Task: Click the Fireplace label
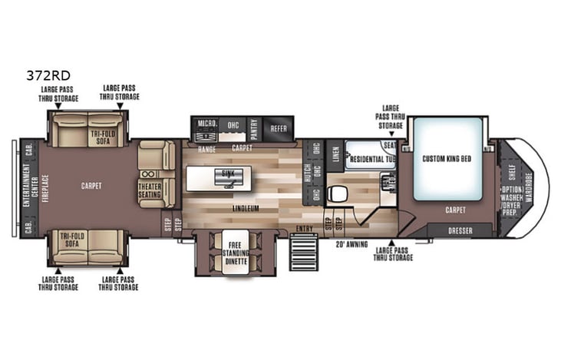[x=45, y=186]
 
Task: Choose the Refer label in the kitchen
[x=279, y=128]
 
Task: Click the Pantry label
[x=253, y=128]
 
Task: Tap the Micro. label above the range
[x=206, y=123]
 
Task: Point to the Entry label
[x=305, y=227]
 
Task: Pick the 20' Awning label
[x=352, y=244]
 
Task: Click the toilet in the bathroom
[x=335, y=194]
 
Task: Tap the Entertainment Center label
[x=26, y=187]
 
